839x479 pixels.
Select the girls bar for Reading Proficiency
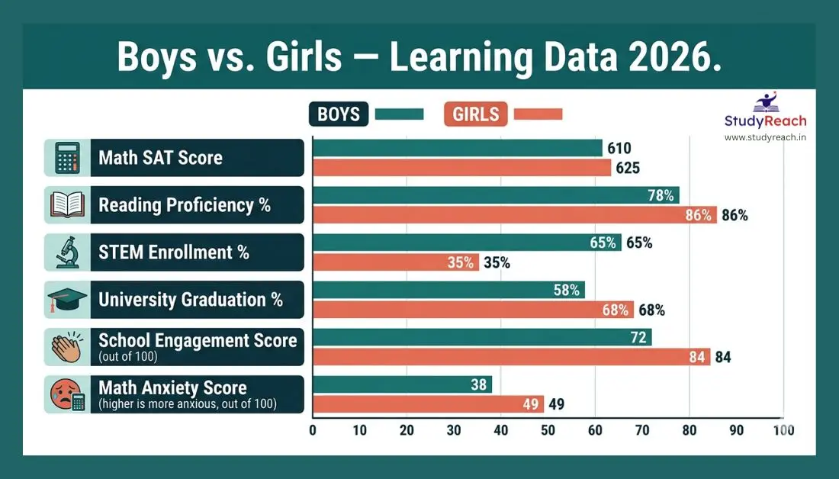pos(515,214)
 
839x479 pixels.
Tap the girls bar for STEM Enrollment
pos(396,262)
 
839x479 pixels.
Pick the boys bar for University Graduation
pos(448,290)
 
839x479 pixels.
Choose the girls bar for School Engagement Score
pos(511,356)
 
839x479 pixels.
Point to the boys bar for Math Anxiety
pos(402,384)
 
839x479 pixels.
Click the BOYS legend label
pos(339,114)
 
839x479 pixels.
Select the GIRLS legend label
pos(475,114)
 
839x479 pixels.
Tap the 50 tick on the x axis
pos(548,429)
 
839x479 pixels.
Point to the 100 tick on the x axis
pos(783,429)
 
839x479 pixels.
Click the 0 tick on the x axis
pos(313,429)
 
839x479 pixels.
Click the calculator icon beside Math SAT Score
pos(67,158)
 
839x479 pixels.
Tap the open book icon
pos(67,205)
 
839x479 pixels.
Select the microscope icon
pos(67,252)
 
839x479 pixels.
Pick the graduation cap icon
pos(67,299)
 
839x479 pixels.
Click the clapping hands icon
pos(67,347)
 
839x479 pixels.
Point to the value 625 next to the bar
pos(628,168)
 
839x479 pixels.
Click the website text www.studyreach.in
pos(765,137)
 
